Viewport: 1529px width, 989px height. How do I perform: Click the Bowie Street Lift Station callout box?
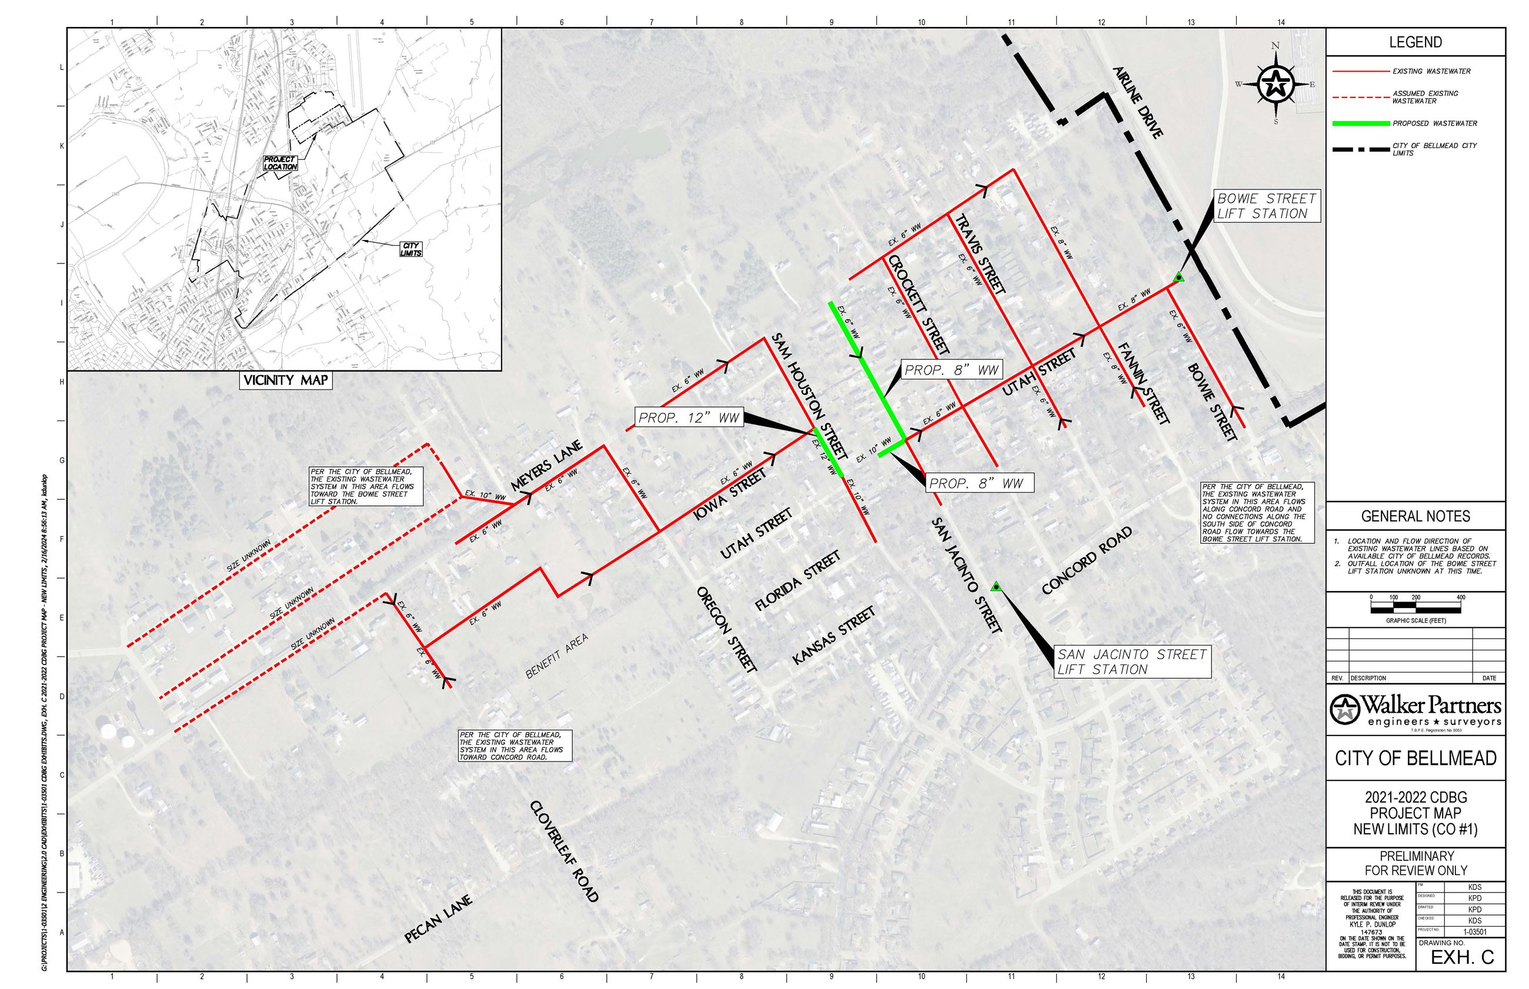coord(1266,206)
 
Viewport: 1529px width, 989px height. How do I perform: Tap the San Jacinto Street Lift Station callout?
coord(1132,661)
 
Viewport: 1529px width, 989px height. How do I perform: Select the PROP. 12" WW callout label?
coord(689,417)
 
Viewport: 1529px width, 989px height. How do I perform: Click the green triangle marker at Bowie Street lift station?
coord(1179,278)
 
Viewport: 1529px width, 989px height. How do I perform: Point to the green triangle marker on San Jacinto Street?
coord(996,586)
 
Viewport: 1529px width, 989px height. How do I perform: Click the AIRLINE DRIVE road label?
coord(1139,102)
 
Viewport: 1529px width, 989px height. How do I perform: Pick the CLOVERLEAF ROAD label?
coord(565,851)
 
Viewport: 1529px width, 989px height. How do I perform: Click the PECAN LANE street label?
coord(439,919)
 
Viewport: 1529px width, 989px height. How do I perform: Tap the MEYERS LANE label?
coord(546,465)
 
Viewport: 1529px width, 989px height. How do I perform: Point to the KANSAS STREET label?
coord(833,635)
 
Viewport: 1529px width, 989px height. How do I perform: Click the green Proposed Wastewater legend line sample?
coord(1360,123)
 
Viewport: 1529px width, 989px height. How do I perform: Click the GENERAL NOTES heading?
coord(1416,516)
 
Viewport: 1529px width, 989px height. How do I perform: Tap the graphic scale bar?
coord(1416,607)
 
